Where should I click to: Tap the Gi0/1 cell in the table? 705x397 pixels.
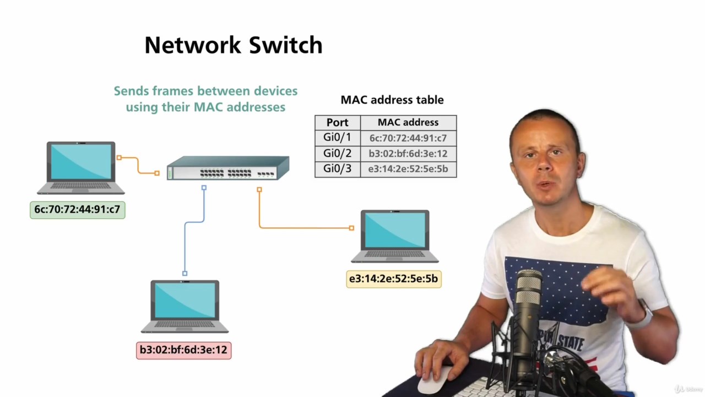pos(337,138)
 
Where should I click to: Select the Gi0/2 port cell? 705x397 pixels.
pos(337,153)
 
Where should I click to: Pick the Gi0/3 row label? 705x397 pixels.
pos(337,169)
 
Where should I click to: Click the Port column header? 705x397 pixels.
pos(337,122)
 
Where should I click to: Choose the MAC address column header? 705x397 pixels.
pos(408,122)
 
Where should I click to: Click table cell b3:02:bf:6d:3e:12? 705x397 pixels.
pos(408,153)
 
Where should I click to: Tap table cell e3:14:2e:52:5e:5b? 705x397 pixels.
pos(408,169)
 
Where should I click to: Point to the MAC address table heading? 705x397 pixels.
pos(392,100)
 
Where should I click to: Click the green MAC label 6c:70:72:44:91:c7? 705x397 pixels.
pos(77,210)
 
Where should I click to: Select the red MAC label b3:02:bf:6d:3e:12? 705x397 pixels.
pos(183,350)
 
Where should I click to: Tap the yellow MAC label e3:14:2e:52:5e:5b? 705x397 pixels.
pos(393,279)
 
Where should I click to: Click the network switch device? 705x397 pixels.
pos(228,169)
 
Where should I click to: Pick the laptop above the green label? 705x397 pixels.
pos(81,167)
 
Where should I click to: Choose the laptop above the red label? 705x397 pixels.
pos(185,305)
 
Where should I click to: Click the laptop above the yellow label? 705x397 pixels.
pos(395,235)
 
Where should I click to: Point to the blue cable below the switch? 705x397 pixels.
pos(186,243)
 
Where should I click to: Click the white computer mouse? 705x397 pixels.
pos(432,378)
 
